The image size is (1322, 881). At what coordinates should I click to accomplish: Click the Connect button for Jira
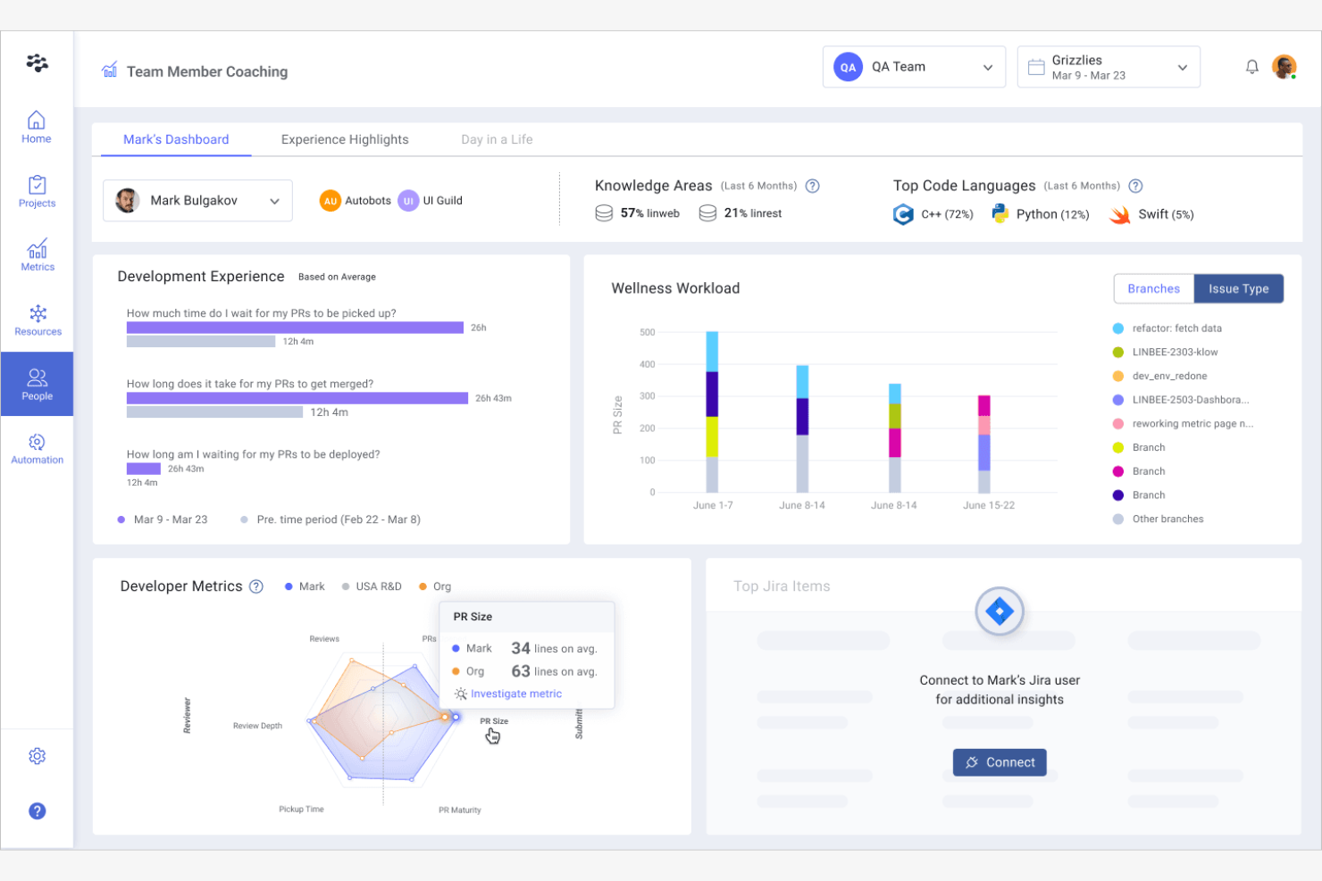point(999,762)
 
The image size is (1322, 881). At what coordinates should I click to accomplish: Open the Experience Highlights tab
point(345,139)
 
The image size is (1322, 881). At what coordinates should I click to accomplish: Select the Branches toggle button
point(1153,288)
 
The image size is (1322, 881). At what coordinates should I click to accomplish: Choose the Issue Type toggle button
point(1238,288)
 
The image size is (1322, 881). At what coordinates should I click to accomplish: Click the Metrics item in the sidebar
point(38,255)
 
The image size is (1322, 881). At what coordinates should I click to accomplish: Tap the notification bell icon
point(1251,67)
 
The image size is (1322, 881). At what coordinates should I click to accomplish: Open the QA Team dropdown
point(914,67)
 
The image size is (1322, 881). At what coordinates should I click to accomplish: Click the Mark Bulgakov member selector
point(197,201)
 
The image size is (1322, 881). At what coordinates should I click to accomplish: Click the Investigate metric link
point(515,694)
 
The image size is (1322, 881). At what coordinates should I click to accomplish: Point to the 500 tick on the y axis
point(647,332)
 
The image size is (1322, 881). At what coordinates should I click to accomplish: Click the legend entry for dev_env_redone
point(1168,376)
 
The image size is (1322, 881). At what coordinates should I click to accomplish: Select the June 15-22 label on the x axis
point(988,505)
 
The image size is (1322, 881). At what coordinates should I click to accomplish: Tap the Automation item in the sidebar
point(38,448)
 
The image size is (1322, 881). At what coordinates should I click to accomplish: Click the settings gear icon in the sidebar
point(38,756)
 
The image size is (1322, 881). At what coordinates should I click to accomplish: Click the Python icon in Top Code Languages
point(1000,214)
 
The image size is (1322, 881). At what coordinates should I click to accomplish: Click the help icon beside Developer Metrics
point(256,586)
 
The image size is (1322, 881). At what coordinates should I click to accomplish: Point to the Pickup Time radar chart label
point(301,809)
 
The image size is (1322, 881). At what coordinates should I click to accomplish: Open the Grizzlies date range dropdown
point(1108,67)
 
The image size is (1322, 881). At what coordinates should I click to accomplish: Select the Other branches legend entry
point(1167,519)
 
